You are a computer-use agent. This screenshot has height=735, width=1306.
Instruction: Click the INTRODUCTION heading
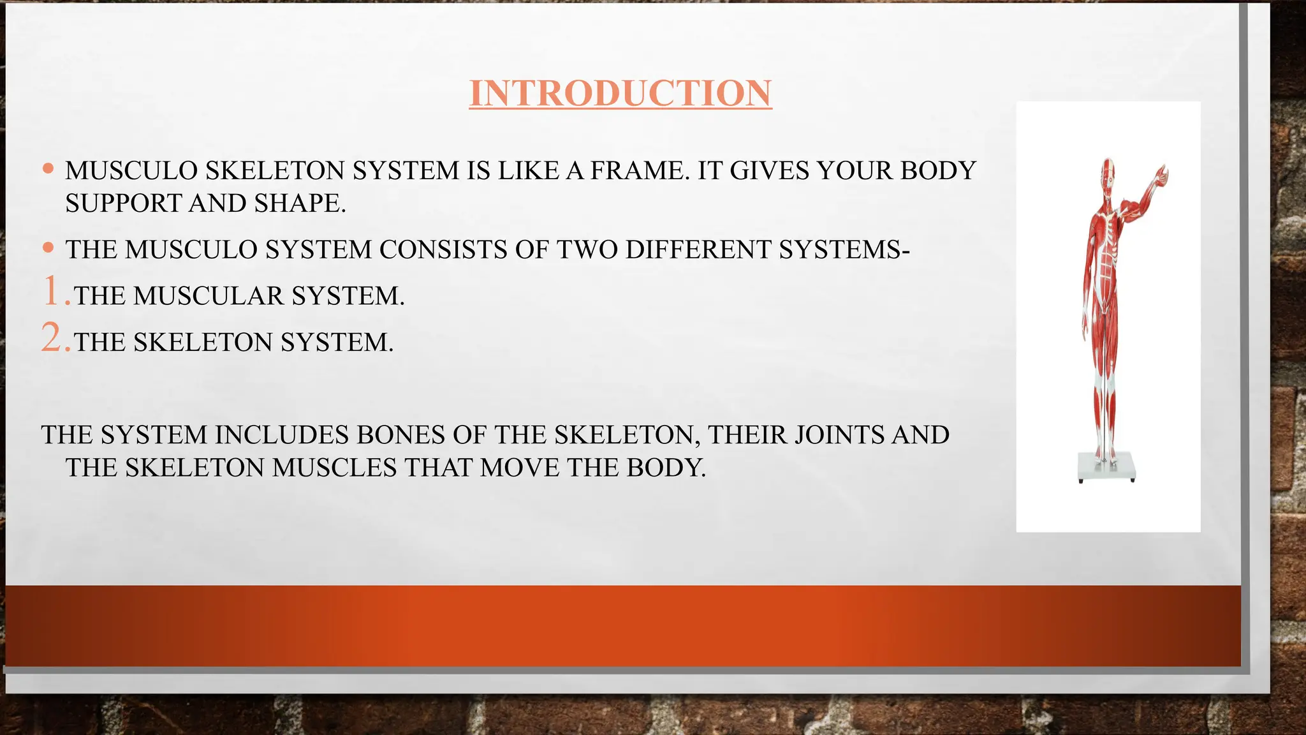click(x=620, y=93)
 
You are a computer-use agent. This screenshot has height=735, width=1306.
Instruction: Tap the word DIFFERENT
click(x=698, y=249)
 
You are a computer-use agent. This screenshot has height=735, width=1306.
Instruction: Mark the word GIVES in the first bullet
click(x=769, y=171)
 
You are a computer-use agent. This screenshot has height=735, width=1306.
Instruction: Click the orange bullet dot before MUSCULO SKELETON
click(x=48, y=169)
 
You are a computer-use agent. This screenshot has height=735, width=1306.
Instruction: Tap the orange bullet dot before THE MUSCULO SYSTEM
click(x=48, y=248)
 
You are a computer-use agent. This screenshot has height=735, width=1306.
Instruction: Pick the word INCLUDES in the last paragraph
click(x=281, y=435)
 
